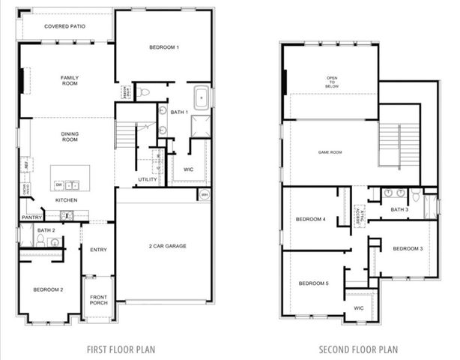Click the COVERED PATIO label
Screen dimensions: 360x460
pos(64,26)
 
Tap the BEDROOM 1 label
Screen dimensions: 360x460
pos(163,47)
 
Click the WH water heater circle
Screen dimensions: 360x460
pos(204,195)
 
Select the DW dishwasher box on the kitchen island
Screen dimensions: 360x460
pos(58,184)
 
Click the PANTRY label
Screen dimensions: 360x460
pos(31,217)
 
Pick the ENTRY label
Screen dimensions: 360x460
pos(98,250)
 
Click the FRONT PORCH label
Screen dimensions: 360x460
pos(98,300)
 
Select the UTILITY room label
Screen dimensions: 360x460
pos(146,179)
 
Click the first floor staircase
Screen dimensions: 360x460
pos(124,135)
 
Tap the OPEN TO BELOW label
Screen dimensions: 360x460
pos(332,82)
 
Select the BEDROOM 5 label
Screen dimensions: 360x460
pos(312,283)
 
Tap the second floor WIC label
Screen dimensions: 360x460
pos(358,307)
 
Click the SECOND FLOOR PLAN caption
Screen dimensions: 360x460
pos(358,349)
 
